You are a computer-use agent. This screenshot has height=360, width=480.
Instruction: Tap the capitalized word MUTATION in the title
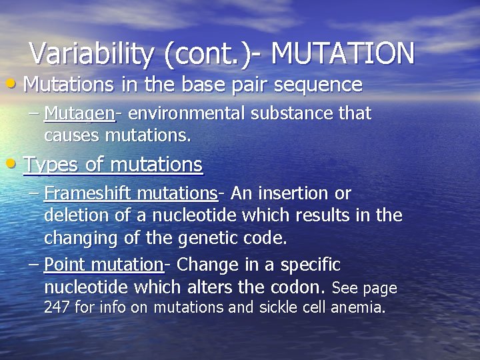pos(343,54)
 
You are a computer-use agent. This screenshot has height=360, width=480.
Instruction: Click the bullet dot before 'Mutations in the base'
pos(15,85)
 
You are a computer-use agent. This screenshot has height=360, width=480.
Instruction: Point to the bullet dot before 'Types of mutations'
pos(15,164)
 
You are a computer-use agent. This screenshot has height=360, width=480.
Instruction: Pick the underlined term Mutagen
pos(79,114)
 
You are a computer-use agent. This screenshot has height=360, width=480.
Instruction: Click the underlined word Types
pos(49,164)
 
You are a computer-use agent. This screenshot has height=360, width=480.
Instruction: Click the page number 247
pos(57,308)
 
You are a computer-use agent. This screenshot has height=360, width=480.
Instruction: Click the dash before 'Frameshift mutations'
pos(34,193)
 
